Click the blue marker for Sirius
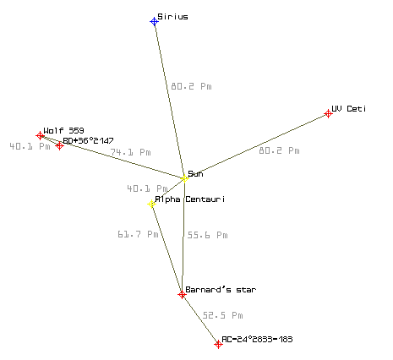pyautogui.click(x=154, y=21)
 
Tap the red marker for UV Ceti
pyautogui.click(x=328, y=113)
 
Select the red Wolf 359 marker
pyautogui.click(x=40, y=136)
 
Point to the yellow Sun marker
pyautogui.click(x=184, y=178)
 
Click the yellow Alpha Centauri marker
pyautogui.click(x=151, y=204)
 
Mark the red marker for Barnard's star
pyautogui.click(x=182, y=295)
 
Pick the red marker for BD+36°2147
pyautogui.click(x=59, y=145)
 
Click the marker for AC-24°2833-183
pyautogui.click(x=218, y=344)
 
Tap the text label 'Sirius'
pyautogui.click(x=172, y=17)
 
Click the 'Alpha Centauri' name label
pyautogui.click(x=190, y=199)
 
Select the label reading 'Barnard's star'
pyautogui.click(x=221, y=290)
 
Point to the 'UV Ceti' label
pyautogui.click(x=349, y=109)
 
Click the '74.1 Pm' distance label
pyautogui.click(x=130, y=152)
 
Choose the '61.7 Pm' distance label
pyautogui.click(x=138, y=234)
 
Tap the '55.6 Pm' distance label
pyautogui.click(x=207, y=235)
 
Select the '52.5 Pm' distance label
pyautogui.click(x=222, y=315)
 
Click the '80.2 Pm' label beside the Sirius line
pyautogui.click(x=191, y=86)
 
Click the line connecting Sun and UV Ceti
pyautogui.click(x=256, y=146)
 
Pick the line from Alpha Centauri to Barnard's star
pyautogui.click(x=166, y=249)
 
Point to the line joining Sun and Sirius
pyautogui.click(x=169, y=100)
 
